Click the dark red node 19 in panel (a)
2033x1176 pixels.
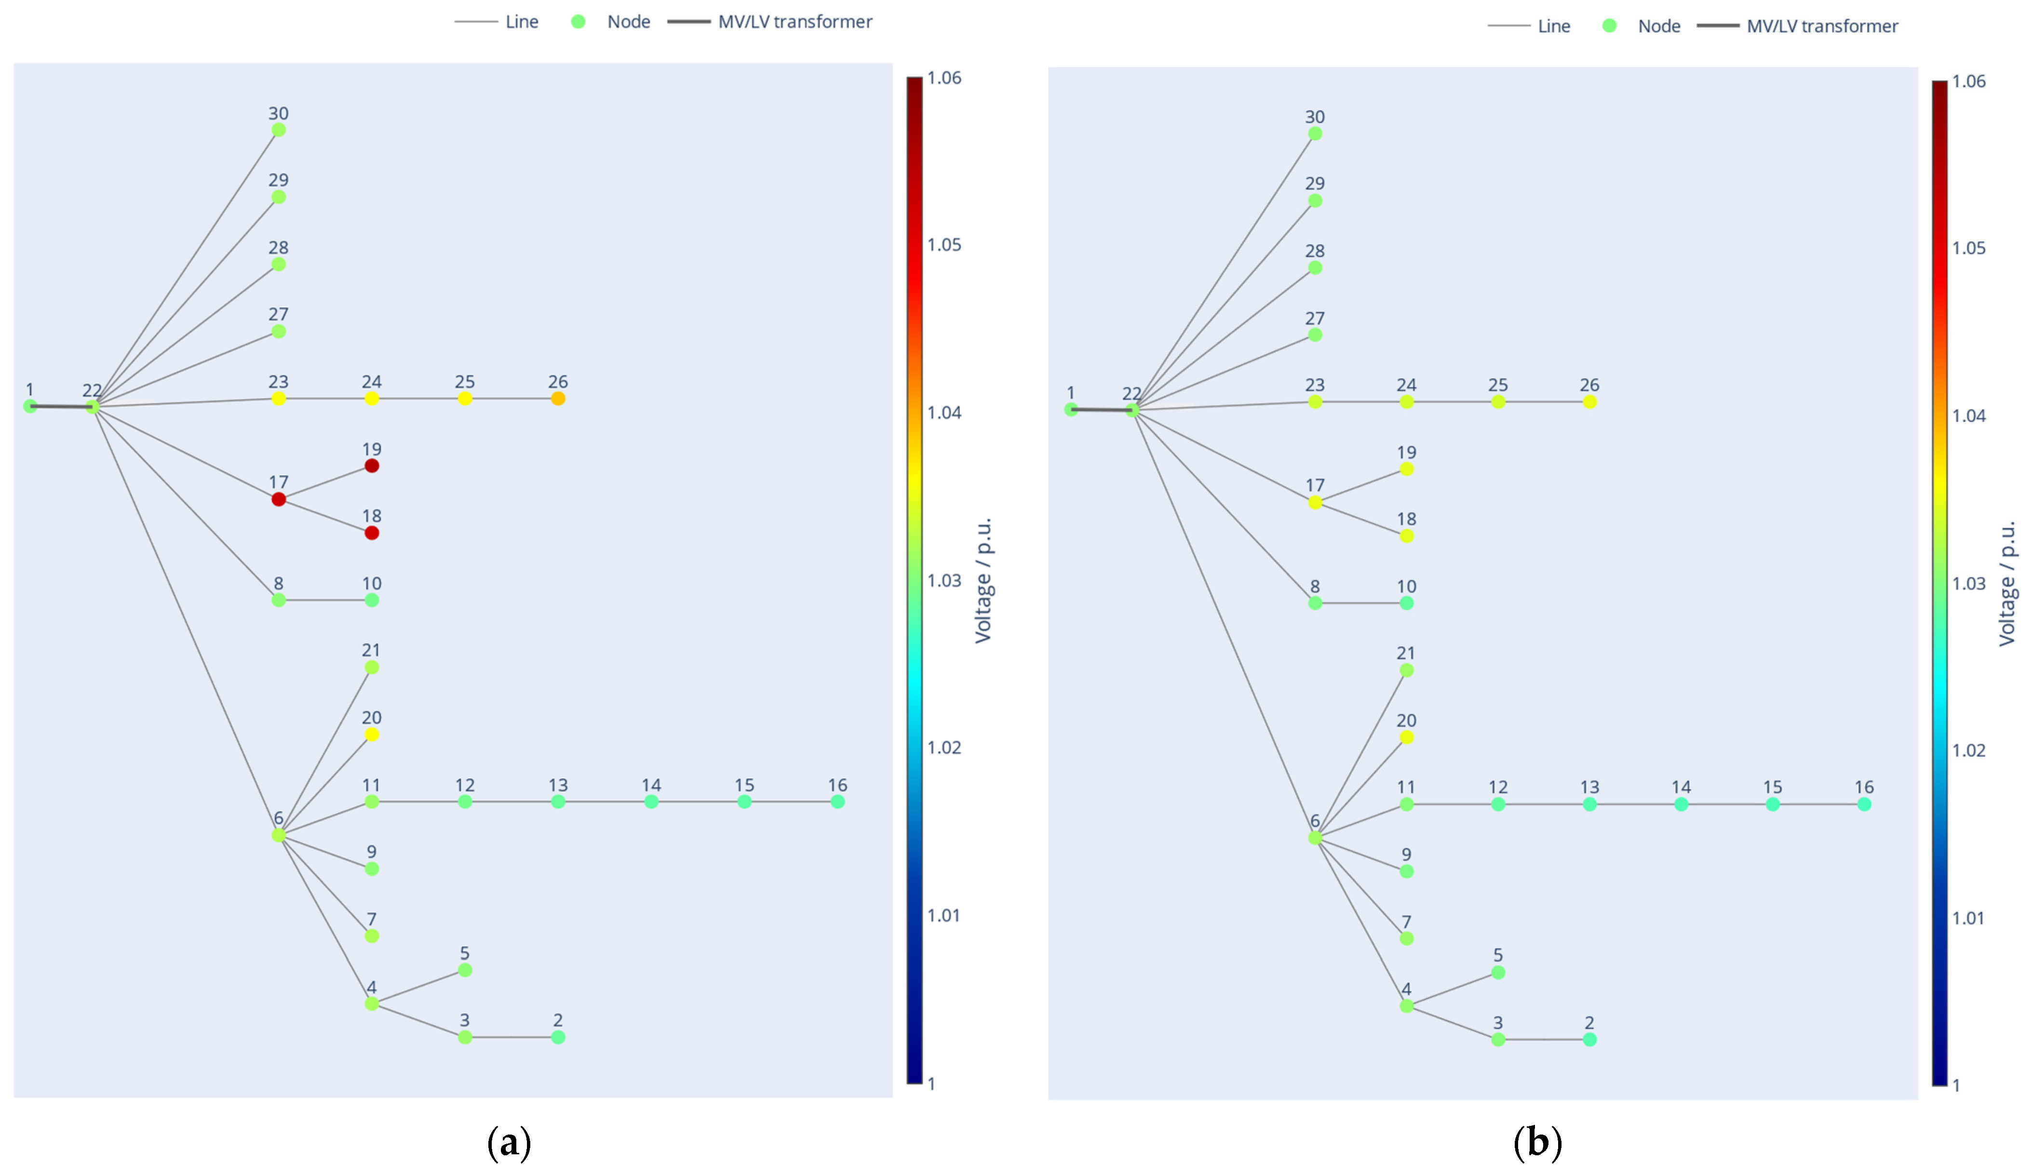[x=371, y=466]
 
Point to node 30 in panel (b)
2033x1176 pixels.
[x=1315, y=133]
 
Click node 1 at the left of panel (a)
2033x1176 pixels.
[x=30, y=406]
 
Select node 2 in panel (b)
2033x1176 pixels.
[x=1589, y=1039]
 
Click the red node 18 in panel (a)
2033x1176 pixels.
[x=371, y=533]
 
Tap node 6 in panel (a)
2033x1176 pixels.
[x=278, y=835]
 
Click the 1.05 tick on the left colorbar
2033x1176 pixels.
[x=944, y=244]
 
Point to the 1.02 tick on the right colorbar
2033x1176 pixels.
[x=1968, y=750]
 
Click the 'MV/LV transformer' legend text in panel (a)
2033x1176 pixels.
[x=794, y=22]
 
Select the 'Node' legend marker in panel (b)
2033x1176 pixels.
[x=1609, y=26]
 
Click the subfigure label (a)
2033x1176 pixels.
[x=509, y=1142]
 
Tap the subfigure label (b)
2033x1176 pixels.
[x=1538, y=1142]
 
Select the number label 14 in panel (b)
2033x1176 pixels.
[x=1681, y=787]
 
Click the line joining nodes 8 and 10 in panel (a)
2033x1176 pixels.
[x=325, y=600]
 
